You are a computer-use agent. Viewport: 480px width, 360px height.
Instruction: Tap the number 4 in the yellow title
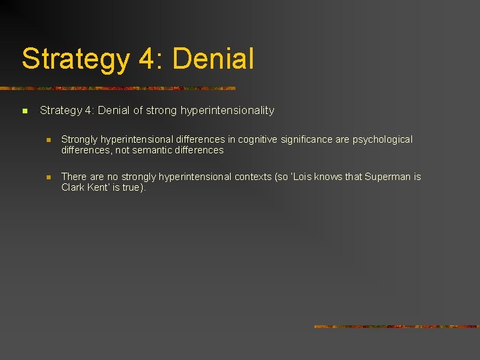[147, 59]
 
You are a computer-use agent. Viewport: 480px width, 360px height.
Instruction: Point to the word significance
[321, 139]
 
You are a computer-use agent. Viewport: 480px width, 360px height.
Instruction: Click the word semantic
[148, 150]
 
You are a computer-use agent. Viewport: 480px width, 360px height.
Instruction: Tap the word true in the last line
[132, 187]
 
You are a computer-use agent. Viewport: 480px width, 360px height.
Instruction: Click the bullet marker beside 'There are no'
[49, 177]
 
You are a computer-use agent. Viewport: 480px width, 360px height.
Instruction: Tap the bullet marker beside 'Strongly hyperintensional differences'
[49, 140]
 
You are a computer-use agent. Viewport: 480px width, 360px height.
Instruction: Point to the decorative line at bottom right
[396, 327]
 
